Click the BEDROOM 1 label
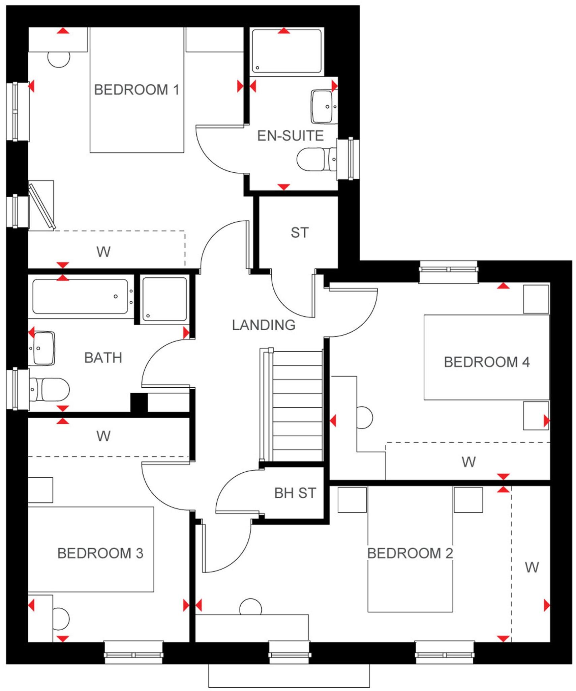[136, 90]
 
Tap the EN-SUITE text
[290, 136]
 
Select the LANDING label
[264, 325]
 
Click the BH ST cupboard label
[295, 493]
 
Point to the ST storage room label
[299, 233]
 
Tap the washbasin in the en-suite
[323, 107]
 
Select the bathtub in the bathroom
[80, 296]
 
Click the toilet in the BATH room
[51, 389]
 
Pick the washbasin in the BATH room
[42, 348]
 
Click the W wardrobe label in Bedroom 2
[532, 568]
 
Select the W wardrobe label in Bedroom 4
[468, 462]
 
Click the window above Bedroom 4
[448, 270]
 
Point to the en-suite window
[350, 159]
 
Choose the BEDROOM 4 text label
[486, 362]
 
